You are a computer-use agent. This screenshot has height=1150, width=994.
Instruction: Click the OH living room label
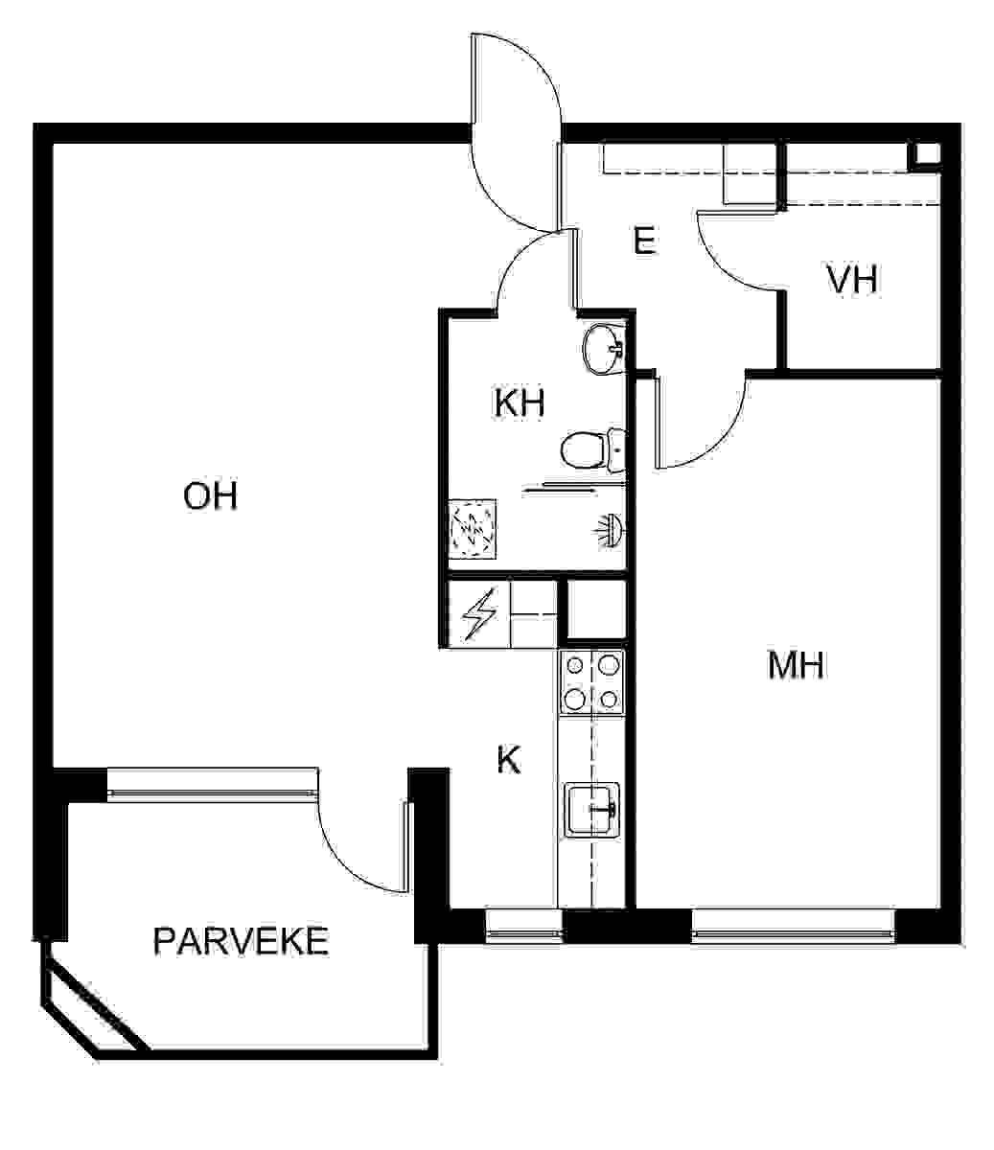210,495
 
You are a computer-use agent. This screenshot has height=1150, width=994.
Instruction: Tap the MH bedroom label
796,665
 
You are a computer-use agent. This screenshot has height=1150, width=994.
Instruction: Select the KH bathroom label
520,402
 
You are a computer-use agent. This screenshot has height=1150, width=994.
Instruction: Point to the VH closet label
853,279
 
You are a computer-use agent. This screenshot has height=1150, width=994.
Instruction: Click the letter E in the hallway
644,241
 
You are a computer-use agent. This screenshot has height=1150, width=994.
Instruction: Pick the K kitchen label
509,760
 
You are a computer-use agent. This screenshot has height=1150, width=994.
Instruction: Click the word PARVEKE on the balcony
241,941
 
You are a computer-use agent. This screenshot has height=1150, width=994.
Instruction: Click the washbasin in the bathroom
602,349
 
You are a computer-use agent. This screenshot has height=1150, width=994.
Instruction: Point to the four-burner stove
592,682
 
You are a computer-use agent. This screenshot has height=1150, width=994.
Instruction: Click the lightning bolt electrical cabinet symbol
478,615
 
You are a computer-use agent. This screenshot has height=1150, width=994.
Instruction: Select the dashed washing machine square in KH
473,528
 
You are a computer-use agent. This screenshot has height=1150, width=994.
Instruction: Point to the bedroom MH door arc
718,438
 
